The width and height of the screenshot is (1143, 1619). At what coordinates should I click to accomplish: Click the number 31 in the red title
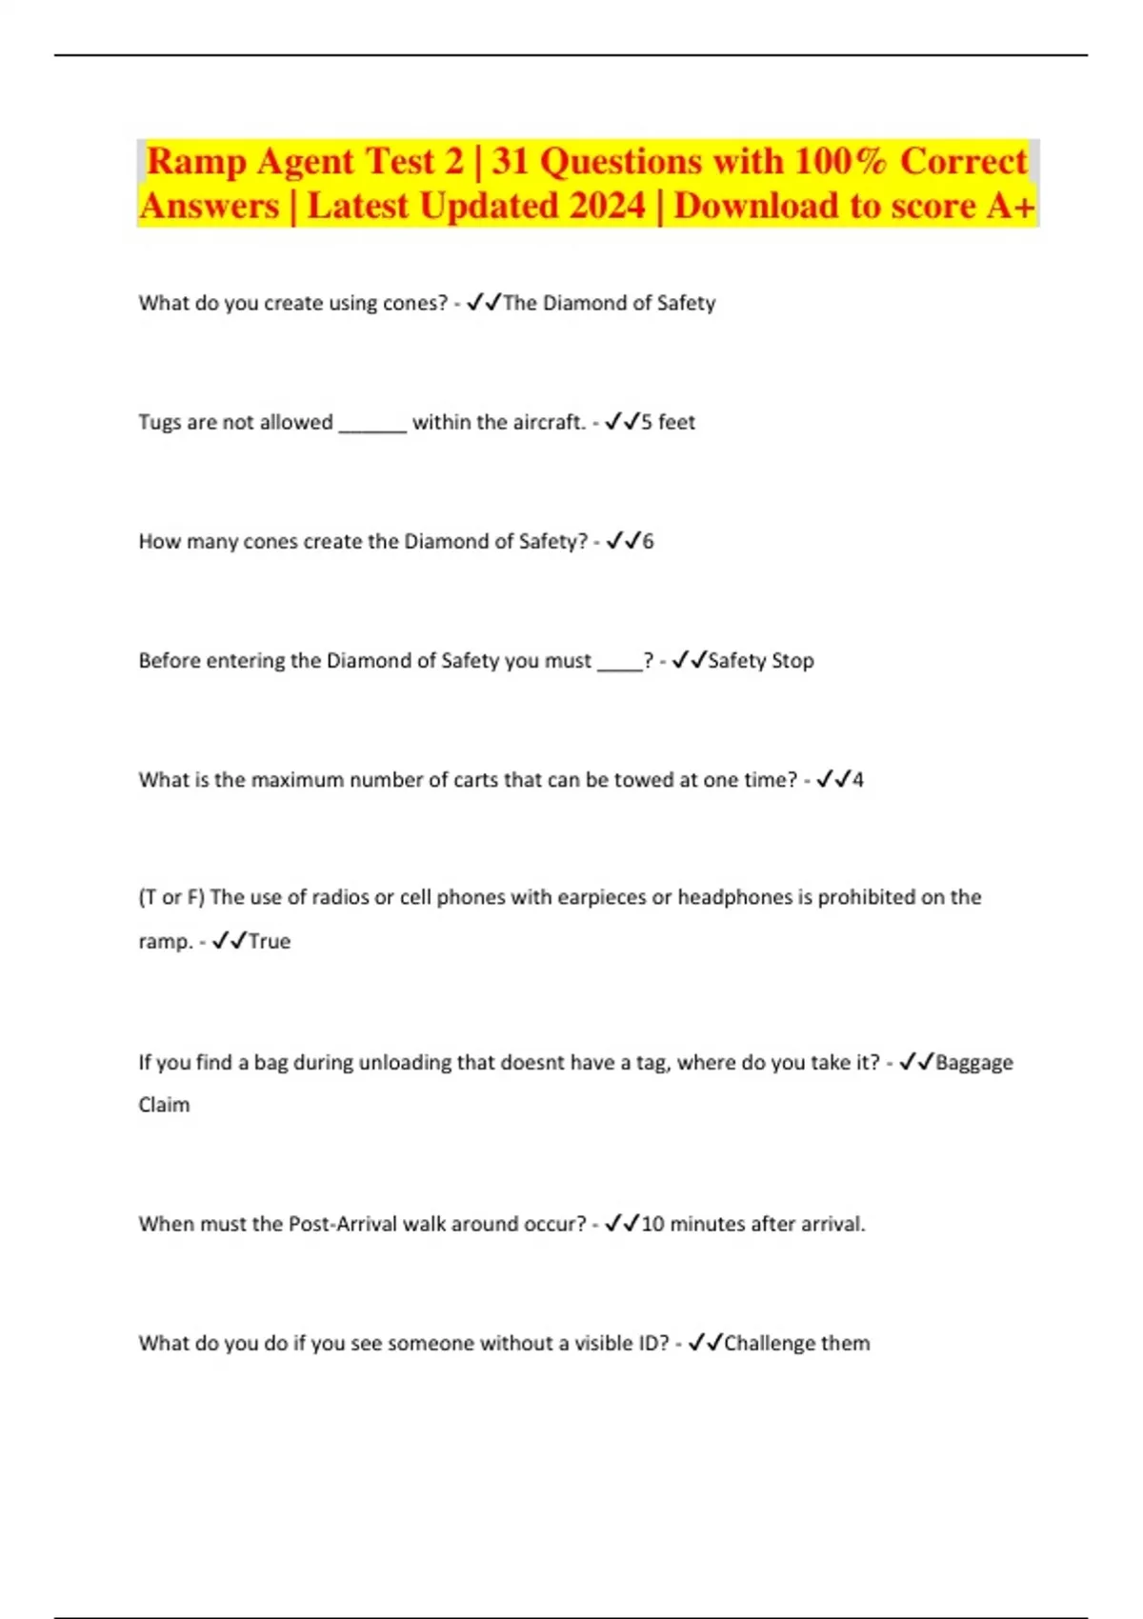[x=511, y=161]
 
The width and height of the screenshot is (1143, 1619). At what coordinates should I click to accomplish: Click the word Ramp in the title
[x=196, y=162]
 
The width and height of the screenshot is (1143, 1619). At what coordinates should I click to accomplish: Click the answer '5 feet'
[x=668, y=422]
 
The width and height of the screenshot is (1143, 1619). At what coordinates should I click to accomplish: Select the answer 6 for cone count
[x=648, y=541]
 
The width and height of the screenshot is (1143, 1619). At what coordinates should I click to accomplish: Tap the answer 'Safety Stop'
[x=761, y=660]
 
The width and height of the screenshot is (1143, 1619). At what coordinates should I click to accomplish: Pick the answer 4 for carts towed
[x=857, y=779]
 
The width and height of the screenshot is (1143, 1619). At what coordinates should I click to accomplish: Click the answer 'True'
[x=270, y=941]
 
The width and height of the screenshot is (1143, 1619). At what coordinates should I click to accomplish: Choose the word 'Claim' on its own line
[x=164, y=1105]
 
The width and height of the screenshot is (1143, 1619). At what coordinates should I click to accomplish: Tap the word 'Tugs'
[x=159, y=422]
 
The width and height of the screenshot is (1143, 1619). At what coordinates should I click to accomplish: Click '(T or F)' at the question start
[x=171, y=897]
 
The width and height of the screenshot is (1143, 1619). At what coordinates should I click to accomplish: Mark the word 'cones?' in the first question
[x=414, y=303]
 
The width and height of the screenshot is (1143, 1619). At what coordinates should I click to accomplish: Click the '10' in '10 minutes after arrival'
[x=652, y=1224]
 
